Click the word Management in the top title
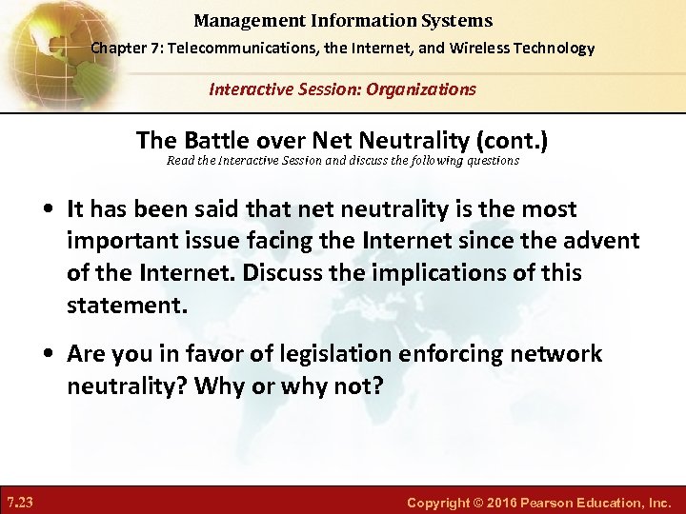point(239,20)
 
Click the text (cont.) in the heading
point(514,141)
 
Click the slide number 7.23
point(20,502)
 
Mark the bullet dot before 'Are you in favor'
point(50,354)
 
